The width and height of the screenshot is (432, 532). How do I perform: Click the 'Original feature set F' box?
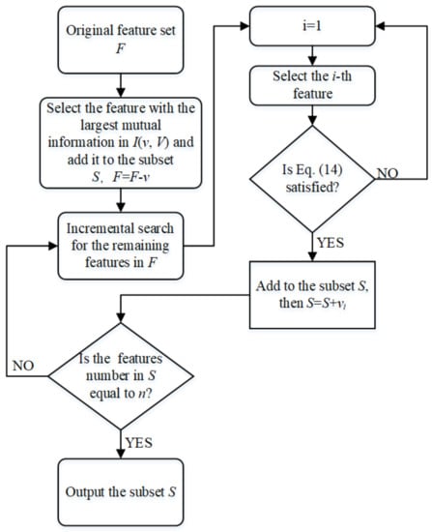(x=121, y=40)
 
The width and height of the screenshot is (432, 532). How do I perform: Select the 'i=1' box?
(x=312, y=26)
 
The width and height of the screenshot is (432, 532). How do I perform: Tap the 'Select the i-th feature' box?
(x=312, y=85)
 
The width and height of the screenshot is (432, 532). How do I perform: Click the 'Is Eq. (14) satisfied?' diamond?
(x=312, y=179)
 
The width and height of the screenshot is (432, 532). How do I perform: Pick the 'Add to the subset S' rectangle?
(x=312, y=295)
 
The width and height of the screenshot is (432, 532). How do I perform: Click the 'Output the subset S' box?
(x=121, y=492)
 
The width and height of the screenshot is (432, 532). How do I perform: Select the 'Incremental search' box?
(x=121, y=246)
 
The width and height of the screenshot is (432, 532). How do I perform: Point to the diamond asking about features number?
(x=121, y=376)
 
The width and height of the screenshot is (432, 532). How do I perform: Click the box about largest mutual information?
(x=121, y=143)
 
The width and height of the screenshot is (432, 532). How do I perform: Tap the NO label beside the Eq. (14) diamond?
(x=388, y=173)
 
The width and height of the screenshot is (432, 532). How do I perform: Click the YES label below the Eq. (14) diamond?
(x=331, y=243)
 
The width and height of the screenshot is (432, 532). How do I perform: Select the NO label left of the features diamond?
(x=23, y=366)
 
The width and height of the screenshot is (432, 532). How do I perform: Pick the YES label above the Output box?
(x=139, y=443)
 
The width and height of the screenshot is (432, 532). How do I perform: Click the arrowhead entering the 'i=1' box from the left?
(x=245, y=26)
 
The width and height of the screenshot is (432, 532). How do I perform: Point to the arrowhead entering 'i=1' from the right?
(x=380, y=26)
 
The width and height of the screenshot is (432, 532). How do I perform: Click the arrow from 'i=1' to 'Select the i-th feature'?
(x=312, y=56)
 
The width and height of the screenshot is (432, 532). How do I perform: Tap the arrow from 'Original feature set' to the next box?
(x=121, y=85)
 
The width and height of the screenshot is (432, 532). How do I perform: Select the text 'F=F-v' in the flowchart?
(x=131, y=177)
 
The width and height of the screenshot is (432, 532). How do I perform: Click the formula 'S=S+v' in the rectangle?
(x=327, y=303)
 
